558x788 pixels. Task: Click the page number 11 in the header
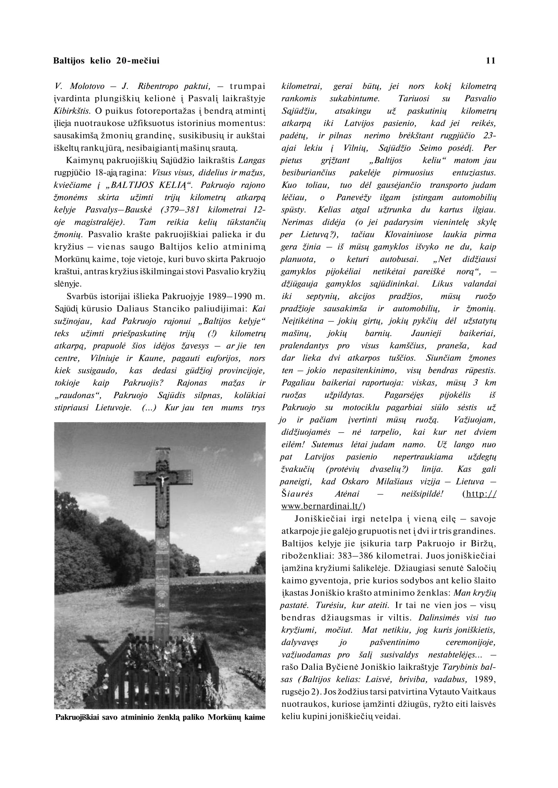491,61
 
